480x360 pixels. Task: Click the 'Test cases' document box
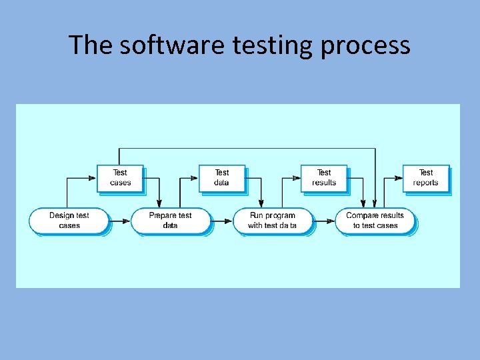coord(120,178)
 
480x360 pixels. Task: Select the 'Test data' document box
coord(222,178)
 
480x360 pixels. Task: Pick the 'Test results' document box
coord(324,178)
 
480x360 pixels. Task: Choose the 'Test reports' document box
coord(426,178)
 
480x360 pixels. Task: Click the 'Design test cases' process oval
coord(69,221)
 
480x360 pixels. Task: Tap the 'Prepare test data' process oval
coord(171,221)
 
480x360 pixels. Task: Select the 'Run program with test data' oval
coord(273,221)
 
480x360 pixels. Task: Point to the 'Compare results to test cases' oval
coord(375,221)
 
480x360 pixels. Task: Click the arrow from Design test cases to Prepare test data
coord(119,221)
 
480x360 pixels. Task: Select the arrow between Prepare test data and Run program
coord(221,221)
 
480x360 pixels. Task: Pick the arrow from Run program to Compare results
coord(323,221)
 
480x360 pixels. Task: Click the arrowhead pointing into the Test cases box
coord(93,178)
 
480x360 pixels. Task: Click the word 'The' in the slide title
coord(86,45)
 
